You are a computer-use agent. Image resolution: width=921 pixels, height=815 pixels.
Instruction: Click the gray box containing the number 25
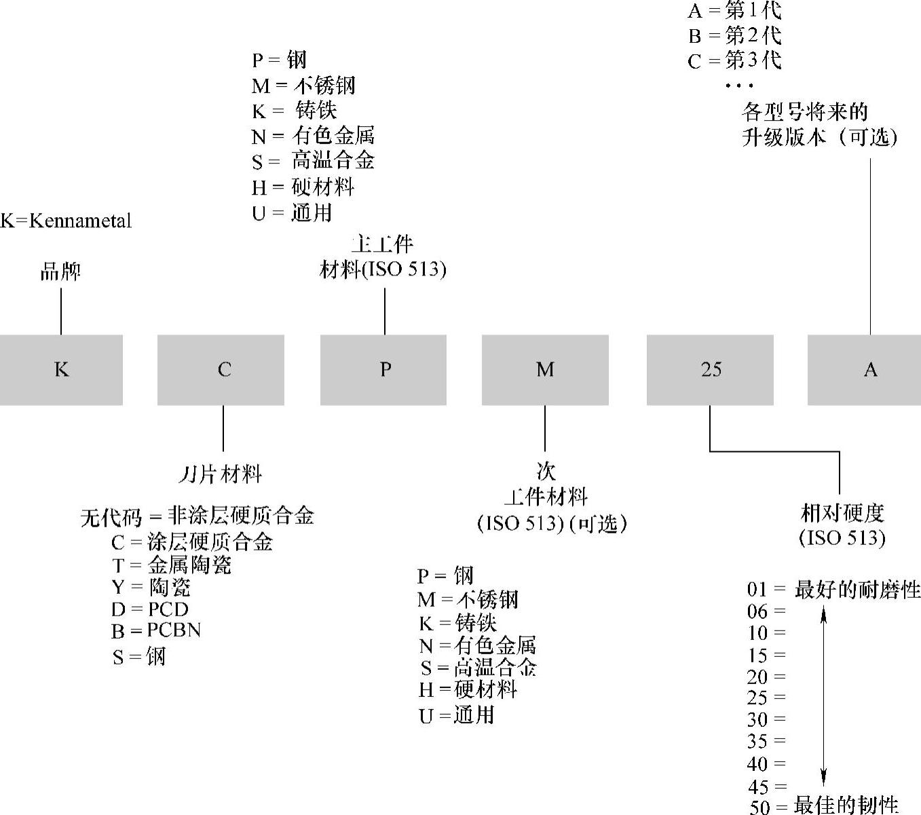click(710, 370)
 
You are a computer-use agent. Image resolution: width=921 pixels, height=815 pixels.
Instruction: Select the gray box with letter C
click(221, 370)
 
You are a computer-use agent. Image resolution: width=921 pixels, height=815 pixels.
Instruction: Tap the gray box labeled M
click(545, 370)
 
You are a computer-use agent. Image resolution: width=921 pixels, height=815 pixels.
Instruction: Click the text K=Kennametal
click(66, 221)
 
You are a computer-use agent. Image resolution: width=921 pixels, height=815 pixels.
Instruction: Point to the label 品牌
click(60, 271)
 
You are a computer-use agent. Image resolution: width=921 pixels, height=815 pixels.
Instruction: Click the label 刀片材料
click(221, 474)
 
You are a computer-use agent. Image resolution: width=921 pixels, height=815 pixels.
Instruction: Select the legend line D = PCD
click(150, 609)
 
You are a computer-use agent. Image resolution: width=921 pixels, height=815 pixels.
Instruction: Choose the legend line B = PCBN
click(156, 630)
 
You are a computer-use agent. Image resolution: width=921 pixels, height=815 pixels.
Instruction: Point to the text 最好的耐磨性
click(857, 590)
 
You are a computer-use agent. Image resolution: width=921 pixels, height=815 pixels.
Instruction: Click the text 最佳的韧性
click(846, 805)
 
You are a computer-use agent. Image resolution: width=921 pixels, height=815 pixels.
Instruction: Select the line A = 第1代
click(734, 10)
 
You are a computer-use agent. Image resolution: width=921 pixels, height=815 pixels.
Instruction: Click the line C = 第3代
click(734, 61)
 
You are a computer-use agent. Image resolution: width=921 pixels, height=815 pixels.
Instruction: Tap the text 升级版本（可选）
click(819, 137)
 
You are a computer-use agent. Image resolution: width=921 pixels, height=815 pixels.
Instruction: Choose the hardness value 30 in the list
click(758, 719)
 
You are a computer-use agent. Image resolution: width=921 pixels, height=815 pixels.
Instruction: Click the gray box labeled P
click(383, 370)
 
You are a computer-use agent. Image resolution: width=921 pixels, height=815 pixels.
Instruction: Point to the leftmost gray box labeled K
click(61, 370)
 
